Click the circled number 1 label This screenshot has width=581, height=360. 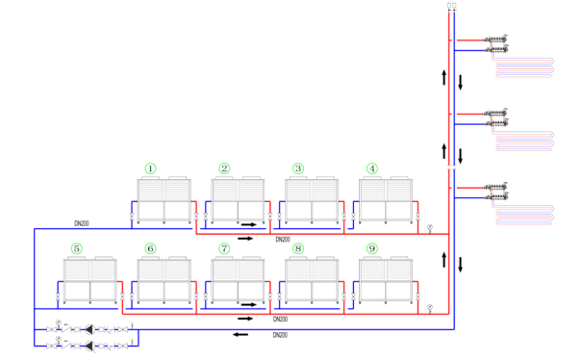coord(150,168)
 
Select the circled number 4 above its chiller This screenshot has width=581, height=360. coord(372,168)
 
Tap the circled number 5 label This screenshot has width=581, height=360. coord(76,248)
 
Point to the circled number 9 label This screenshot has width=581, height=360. coord(372,248)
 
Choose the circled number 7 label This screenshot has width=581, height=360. coord(224,248)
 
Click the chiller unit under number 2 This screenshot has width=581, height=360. coord(238,200)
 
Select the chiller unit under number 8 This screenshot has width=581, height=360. coord(312,280)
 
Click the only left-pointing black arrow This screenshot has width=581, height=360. coord(240,335)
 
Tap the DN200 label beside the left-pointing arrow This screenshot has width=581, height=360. coord(280,335)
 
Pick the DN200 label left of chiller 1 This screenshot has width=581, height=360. coord(82,223)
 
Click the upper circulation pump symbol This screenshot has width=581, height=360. coord(89,329)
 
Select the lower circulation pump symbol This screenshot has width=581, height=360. coord(89,347)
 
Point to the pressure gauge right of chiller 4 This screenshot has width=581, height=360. coord(430,228)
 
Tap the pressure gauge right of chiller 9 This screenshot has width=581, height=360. coord(430,308)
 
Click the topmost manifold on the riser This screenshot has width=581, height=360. coord(496,44)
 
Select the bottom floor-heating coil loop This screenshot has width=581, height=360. coord(523,215)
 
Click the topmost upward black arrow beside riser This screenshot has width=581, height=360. coord(443,77)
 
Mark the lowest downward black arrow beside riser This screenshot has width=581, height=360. coord(460,265)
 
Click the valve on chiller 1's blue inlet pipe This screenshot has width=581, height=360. coord(132,217)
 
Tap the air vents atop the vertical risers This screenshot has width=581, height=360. coord(452,6)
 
